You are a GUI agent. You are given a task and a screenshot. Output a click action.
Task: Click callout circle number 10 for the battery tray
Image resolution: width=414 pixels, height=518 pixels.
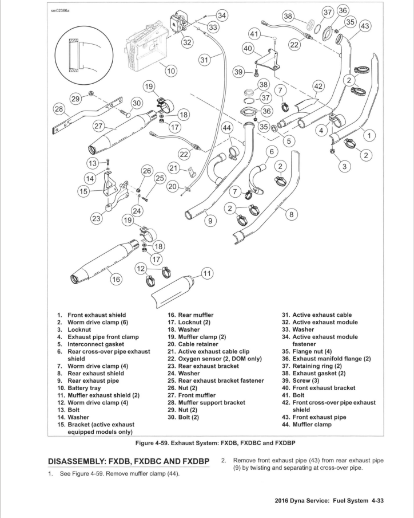pyautogui.click(x=171, y=71)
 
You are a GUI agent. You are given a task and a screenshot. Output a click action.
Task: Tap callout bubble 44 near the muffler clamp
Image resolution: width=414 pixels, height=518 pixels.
pyautogui.click(x=227, y=128)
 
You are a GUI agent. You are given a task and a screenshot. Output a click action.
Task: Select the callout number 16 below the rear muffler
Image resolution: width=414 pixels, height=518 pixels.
pyautogui.click(x=116, y=280)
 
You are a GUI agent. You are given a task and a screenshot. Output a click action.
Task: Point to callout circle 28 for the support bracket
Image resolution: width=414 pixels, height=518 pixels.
pyautogui.click(x=59, y=109)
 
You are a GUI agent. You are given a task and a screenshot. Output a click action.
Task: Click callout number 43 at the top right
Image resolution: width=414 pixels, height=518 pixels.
pyautogui.click(x=365, y=26)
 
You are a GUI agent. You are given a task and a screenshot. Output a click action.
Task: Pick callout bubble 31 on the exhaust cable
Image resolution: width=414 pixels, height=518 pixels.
pyautogui.click(x=204, y=60)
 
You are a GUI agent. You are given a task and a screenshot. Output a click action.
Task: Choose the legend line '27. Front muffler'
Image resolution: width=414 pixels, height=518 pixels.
pyautogui.click(x=192, y=395)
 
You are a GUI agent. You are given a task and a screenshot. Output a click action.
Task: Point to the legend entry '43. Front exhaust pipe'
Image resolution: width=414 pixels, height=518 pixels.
pyautogui.click(x=314, y=417)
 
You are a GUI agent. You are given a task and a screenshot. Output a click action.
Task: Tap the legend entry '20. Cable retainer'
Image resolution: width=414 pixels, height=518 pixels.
pyautogui.click(x=193, y=344)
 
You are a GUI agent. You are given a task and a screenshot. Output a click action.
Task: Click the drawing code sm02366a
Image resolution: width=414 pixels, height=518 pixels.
pyautogui.click(x=60, y=10)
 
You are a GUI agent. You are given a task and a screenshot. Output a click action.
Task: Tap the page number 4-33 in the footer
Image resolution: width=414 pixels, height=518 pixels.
pyautogui.click(x=378, y=501)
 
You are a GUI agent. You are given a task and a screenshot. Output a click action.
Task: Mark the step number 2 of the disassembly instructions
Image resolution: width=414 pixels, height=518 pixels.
pyautogui.click(x=223, y=460)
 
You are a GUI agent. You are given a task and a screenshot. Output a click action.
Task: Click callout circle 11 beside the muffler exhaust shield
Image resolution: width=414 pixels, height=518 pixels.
pyautogui.click(x=207, y=273)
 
